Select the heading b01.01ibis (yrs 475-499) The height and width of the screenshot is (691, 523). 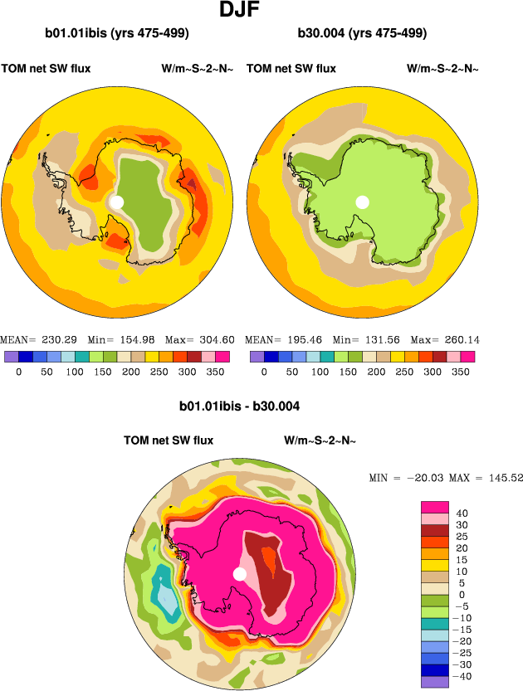coord(117,34)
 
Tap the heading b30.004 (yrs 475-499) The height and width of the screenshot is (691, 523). coord(362,34)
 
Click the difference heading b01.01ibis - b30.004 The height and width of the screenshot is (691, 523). coord(239,407)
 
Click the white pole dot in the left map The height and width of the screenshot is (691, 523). coord(116,202)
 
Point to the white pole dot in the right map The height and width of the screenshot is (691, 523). coord(362,202)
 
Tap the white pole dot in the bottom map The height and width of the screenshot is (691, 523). coord(240,574)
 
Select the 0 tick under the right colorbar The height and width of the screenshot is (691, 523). coord(264,372)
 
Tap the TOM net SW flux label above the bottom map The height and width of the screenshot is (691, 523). coord(169,440)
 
